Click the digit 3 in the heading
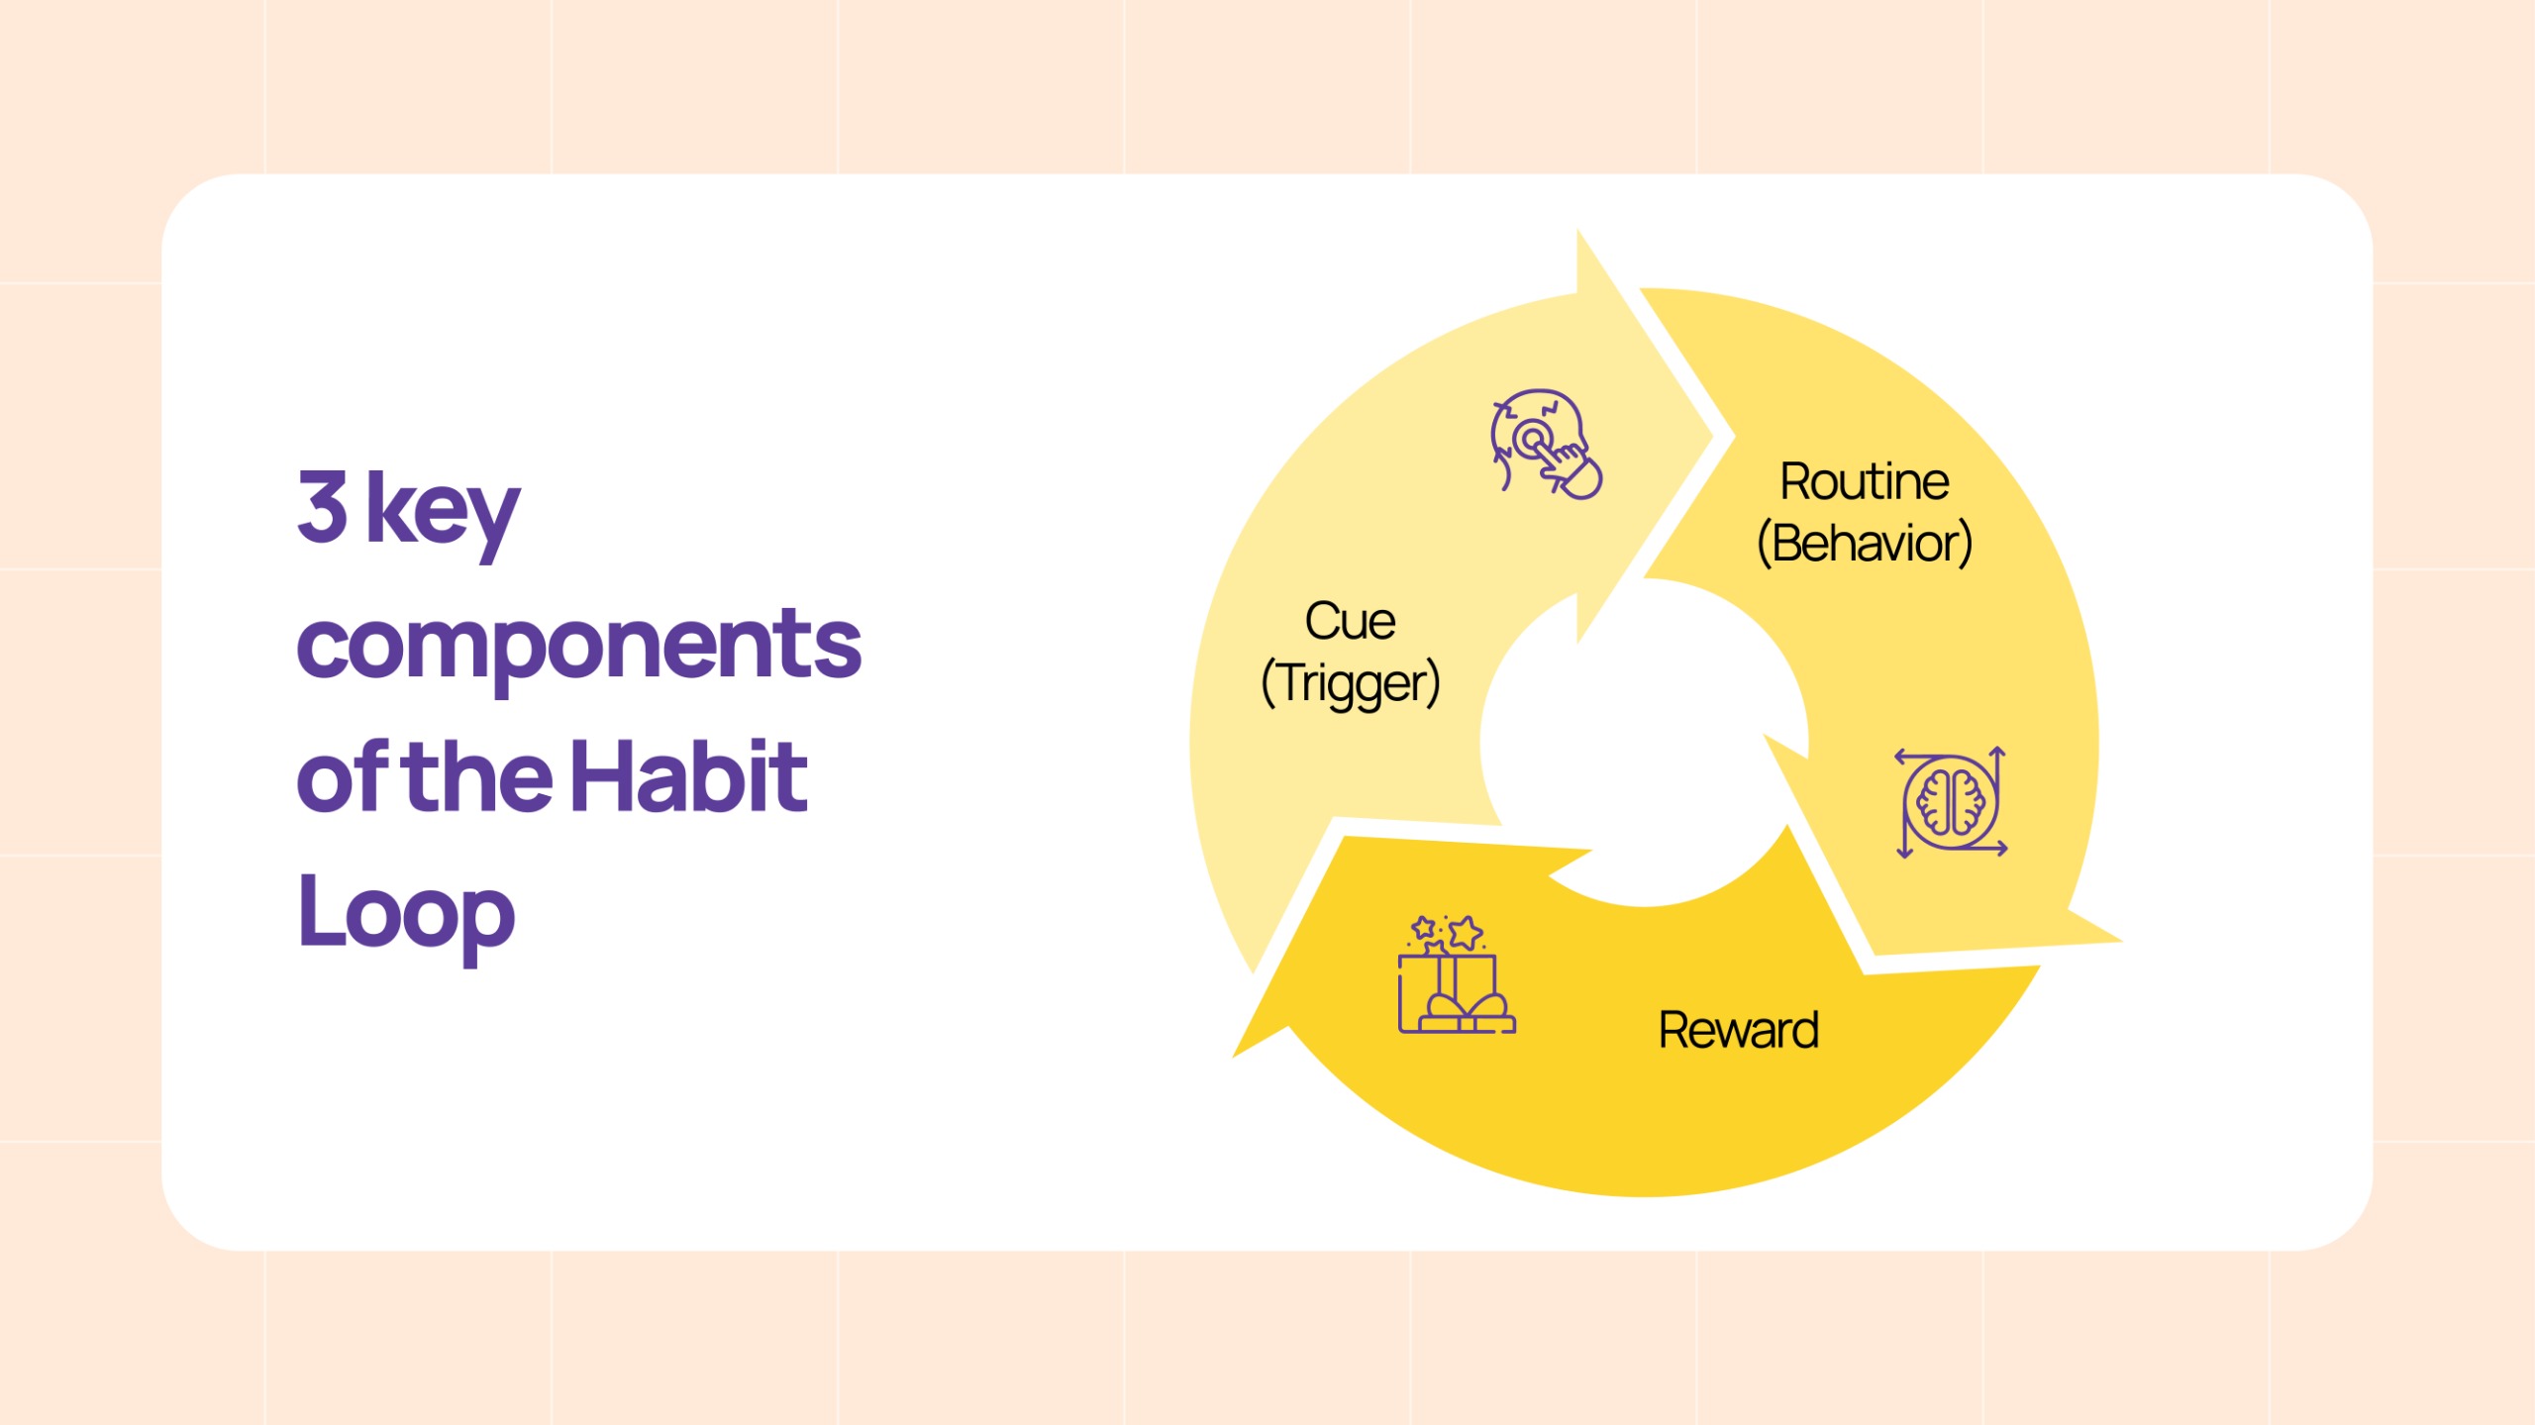[323, 506]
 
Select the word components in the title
[579, 650]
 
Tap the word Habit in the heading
[689, 776]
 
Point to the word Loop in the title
[406, 915]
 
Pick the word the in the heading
[479, 776]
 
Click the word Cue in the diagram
[1350, 622]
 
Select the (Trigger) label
[1351, 683]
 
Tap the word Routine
[1865, 482]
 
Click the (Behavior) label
[1865, 544]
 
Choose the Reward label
[1739, 1031]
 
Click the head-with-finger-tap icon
[1546, 445]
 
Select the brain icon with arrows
[1951, 802]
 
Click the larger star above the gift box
[1466, 932]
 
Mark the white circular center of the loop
[1644, 743]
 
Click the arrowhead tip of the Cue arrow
[1712, 436]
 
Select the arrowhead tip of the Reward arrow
[1234, 1058]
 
